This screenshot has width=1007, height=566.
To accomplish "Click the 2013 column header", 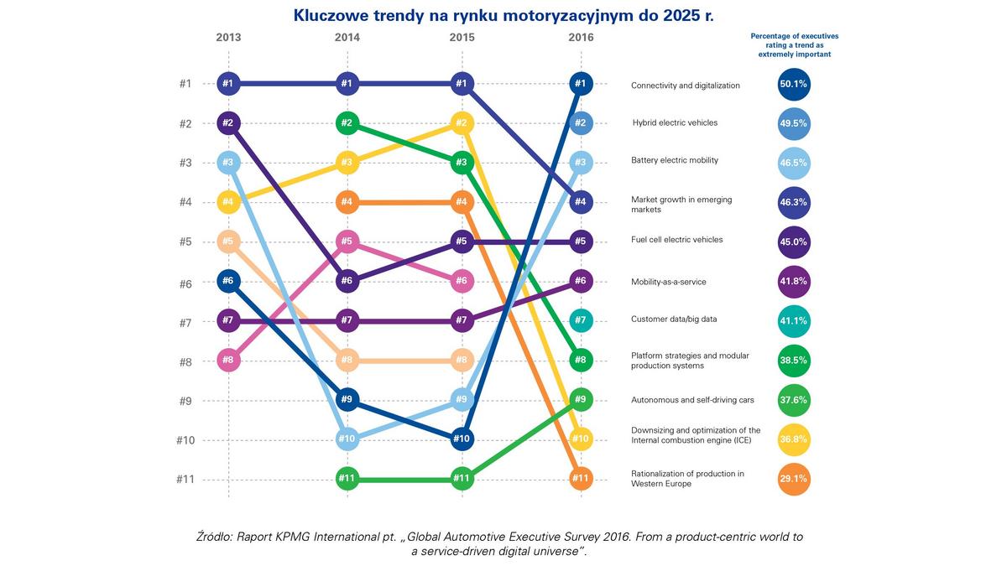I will [228, 38].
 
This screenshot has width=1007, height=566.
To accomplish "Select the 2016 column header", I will [581, 38].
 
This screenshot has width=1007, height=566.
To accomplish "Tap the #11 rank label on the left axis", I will [185, 480].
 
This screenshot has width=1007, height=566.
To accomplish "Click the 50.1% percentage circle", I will [793, 84].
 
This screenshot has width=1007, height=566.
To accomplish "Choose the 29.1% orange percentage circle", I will [793, 480].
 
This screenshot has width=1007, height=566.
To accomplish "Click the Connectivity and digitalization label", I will [685, 86].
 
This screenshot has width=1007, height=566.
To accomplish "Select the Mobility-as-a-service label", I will [668, 282].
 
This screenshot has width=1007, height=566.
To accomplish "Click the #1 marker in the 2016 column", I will [581, 83].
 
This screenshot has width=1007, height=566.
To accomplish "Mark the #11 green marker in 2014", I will [347, 480].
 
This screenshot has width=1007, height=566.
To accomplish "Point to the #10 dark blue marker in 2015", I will [462, 439].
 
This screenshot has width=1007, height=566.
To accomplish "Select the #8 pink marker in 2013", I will [228, 361].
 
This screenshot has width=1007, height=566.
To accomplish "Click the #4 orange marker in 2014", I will [347, 202].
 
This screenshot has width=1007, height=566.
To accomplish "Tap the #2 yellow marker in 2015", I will [462, 123].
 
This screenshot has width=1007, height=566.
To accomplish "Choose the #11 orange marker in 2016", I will [581, 480].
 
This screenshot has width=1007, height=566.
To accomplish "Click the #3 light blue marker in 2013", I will [228, 163].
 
